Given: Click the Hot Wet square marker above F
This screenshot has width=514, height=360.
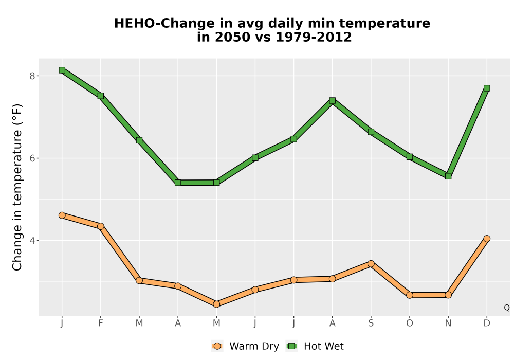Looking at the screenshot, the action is click(101, 96).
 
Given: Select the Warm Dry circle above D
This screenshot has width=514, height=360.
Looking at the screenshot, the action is click(487, 239).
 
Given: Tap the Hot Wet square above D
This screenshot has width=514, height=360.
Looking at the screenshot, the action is click(487, 88).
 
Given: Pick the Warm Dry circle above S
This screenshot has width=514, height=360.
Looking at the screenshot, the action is click(371, 264).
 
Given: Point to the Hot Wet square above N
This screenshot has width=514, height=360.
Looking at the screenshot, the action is click(448, 176).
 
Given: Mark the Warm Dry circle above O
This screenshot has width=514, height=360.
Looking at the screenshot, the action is click(410, 295).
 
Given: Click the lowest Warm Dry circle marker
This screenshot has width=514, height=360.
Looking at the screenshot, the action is click(216, 304).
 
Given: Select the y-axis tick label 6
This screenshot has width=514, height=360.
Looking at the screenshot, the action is click(32, 158).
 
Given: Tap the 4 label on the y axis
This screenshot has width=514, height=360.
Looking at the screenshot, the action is click(32, 241).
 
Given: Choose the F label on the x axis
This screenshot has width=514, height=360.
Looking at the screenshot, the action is click(101, 323).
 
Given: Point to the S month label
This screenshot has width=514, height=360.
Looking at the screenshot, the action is click(371, 323).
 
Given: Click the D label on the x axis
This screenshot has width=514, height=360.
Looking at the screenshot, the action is click(487, 323).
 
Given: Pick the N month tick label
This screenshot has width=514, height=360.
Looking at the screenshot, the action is click(448, 323).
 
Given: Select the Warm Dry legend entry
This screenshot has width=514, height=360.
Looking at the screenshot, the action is click(245, 346).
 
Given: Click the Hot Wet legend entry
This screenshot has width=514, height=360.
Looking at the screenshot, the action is click(315, 346).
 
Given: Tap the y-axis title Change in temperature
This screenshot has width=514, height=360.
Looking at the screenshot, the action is click(17, 187).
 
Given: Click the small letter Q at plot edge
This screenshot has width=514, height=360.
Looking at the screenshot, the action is click(507, 308).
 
